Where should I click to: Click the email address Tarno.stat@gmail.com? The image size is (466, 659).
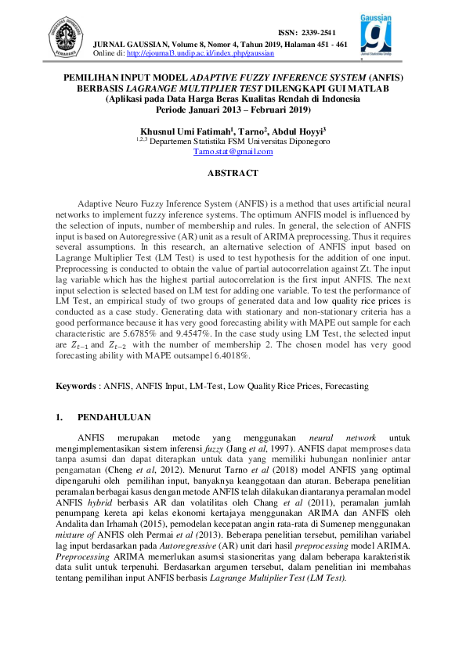point(233,152)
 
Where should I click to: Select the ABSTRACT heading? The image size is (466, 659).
point(233,172)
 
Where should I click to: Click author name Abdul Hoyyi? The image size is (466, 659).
point(300,131)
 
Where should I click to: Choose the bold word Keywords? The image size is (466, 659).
point(75,386)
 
